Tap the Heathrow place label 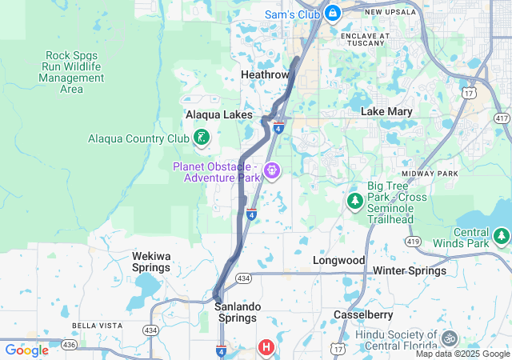coord(265,74)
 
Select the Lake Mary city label coord(387,111)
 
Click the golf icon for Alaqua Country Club coord(202,138)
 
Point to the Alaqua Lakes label coord(218,114)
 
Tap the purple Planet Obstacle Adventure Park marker coord(272,170)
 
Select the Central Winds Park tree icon coord(502,235)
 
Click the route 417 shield coord(502,118)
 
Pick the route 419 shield coord(413,240)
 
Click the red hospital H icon coord(266,346)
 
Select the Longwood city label coord(338,261)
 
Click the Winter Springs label coord(410,270)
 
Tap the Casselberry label coord(363,314)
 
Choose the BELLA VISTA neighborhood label coord(96,326)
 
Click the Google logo coord(26,350)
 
